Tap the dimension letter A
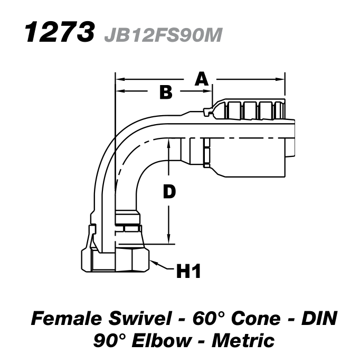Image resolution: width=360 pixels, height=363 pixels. (202, 79)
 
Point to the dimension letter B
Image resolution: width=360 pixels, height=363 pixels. (166, 93)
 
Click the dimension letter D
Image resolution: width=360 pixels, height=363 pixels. (168, 193)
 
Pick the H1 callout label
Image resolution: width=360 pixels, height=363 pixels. (187, 272)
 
